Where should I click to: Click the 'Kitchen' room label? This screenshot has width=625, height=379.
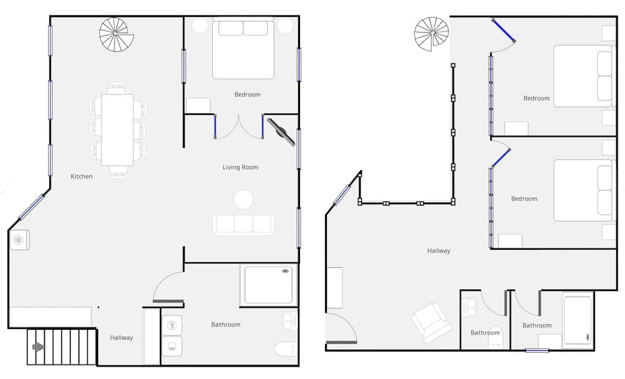click(x=81, y=176)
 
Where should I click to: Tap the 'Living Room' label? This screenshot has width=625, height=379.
click(x=241, y=167)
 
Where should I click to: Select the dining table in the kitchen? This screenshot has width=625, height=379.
click(x=117, y=130)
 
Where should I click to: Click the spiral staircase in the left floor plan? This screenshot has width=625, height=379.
click(x=116, y=34)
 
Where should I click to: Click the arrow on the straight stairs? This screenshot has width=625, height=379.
click(x=39, y=347)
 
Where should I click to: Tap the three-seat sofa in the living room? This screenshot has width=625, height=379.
click(x=243, y=225)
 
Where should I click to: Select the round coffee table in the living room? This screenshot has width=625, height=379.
click(x=244, y=199)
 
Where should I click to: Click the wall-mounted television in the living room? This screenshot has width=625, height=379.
click(x=281, y=132)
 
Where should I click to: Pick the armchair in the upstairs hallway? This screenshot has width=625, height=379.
click(x=432, y=322)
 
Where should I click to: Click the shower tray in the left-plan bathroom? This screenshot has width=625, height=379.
click(x=269, y=285)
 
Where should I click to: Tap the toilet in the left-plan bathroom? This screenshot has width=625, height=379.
click(x=286, y=349)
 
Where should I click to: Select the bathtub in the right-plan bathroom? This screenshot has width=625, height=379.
click(x=577, y=320)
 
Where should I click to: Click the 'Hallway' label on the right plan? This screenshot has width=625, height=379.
click(x=439, y=251)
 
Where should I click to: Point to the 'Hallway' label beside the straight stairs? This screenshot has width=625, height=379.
click(x=121, y=338)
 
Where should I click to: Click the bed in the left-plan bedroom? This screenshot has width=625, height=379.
click(x=243, y=49)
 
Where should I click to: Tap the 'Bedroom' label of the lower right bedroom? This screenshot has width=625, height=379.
click(x=524, y=199)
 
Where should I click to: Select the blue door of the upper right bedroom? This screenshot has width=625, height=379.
click(x=503, y=30)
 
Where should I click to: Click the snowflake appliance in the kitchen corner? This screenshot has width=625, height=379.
click(x=19, y=240)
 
